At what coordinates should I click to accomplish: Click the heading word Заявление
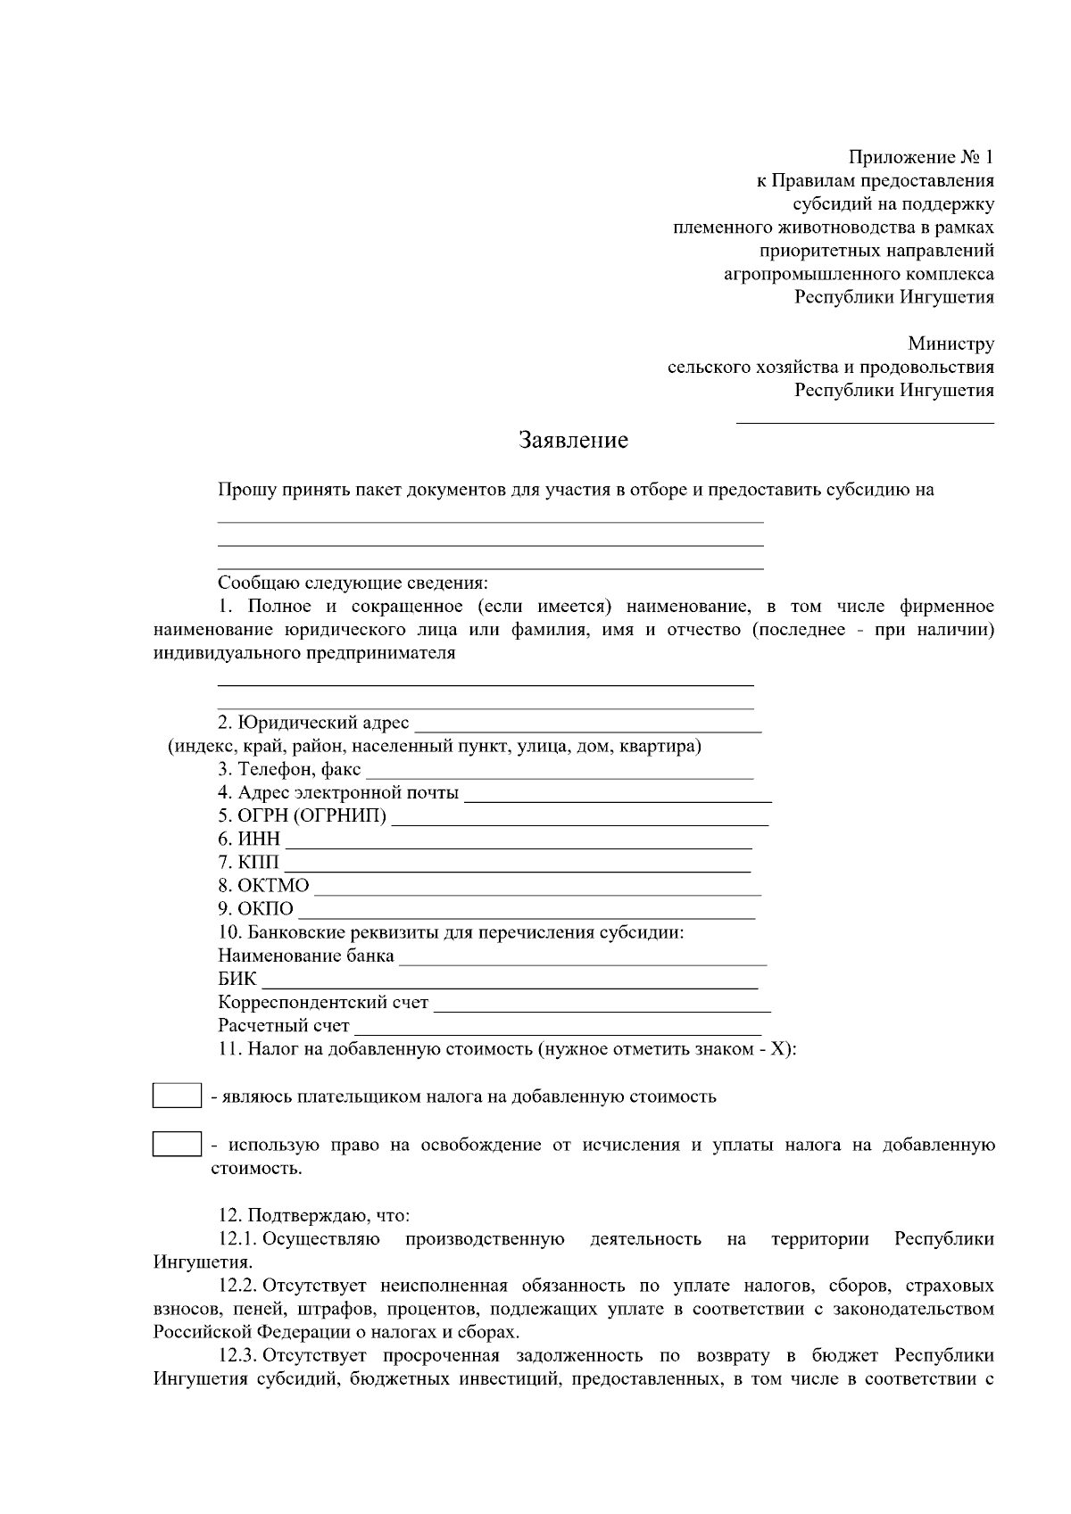pyautogui.click(x=574, y=440)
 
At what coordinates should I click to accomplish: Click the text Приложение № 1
pyautogui.click(x=920, y=158)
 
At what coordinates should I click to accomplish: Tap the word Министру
pyautogui.click(x=951, y=343)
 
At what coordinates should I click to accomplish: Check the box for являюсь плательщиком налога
pyautogui.click(x=176, y=1096)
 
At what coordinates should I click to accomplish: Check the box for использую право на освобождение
pyautogui.click(x=176, y=1145)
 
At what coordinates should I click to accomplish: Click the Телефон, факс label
pyautogui.click(x=290, y=769)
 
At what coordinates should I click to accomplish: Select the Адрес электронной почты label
pyautogui.click(x=338, y=792)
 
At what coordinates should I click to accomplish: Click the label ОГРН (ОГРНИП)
pyautogui.click(x=303, y=815)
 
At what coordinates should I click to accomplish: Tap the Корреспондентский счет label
pyautogui.click(x=323, y=1003)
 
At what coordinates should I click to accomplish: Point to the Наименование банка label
pyautogui.click(x=306, y=956)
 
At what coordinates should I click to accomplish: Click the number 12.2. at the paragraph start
pyautogui.click(x=238, y=1286)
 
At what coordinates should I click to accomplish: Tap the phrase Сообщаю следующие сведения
pyautogui.click(x=353, y=583)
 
